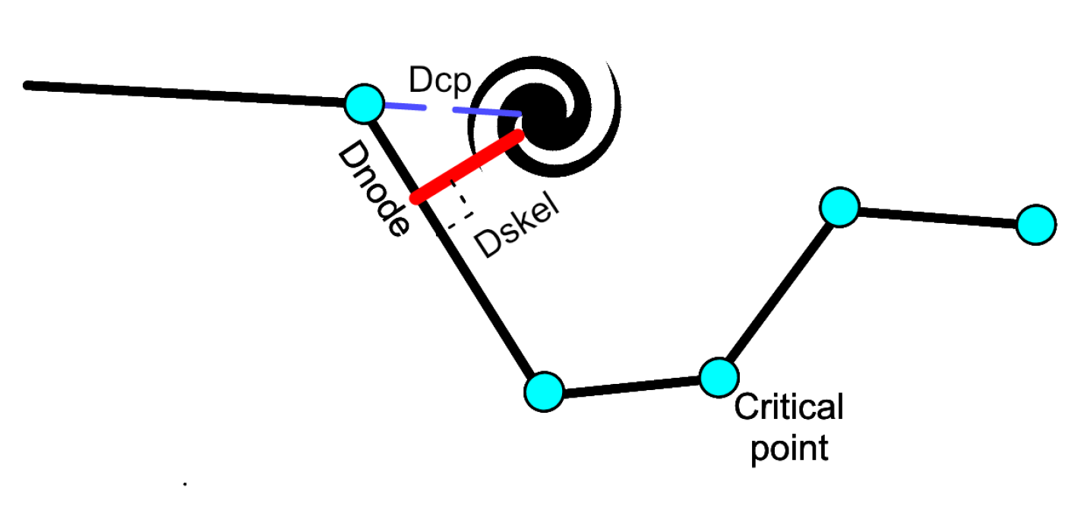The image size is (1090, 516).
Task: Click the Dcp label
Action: coord(440,80)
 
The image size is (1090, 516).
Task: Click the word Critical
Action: coord(788,407)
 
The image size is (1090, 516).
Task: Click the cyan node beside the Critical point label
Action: coord(718,377)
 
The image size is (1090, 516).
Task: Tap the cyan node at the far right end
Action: coord(1035,225)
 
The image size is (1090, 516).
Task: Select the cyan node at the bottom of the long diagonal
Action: coord(544,392)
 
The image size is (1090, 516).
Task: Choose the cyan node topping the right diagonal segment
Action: coord(839,206)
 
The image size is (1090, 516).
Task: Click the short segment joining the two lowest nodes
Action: coord(630,385)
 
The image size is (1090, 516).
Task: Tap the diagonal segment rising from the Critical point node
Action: coord(779,292)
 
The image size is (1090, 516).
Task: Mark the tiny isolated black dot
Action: coord(185,483)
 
